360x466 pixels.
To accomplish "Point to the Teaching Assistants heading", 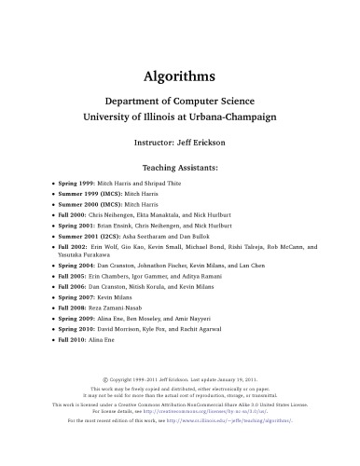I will [180, 168].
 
